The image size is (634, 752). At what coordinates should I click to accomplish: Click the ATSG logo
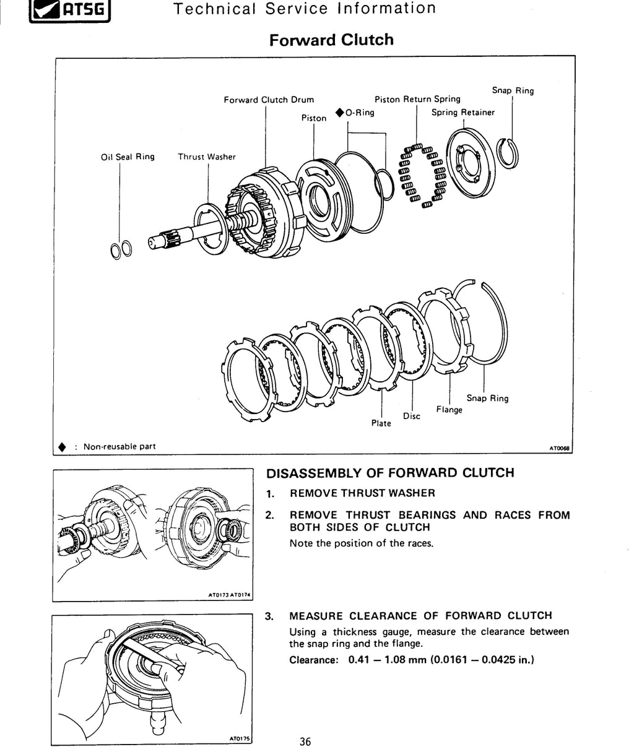(70, 11)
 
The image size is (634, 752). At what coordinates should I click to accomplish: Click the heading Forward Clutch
(331, 40)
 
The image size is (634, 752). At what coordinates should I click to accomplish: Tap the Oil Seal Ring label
(128, 157)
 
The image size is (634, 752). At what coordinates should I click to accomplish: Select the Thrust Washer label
(207, 157)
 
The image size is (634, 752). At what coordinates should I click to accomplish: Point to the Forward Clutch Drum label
(269, 100)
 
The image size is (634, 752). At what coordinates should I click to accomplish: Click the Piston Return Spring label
(417, 99)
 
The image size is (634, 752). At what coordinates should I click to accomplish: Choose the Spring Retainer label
(463, 113)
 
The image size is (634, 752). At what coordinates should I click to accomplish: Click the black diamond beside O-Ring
(340, 113)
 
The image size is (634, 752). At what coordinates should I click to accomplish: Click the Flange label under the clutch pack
(449, 410)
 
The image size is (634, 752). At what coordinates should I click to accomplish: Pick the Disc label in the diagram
(411, 416)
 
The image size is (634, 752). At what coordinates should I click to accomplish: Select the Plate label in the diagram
(381, 423)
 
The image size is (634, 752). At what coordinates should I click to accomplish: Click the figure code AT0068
(560, 448)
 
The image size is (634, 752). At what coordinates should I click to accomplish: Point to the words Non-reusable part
(119, 447)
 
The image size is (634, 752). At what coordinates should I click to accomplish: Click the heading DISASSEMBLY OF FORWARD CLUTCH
(390, 472)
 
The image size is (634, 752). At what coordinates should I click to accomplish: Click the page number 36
(305, 741)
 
